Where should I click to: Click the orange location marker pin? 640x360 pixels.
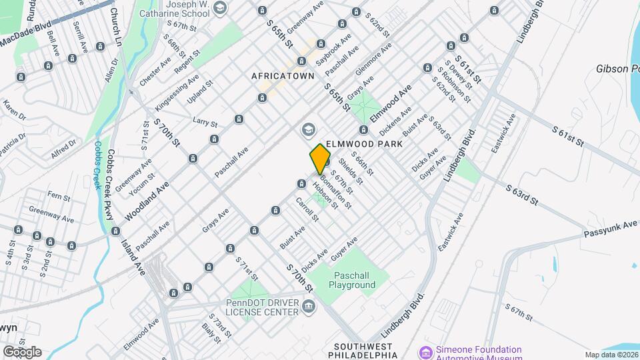click(x=321, y=159)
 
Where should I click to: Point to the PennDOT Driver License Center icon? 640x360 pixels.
click(x=308, y=306)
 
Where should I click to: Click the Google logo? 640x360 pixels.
click(x=21, y=351)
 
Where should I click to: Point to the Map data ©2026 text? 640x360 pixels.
click(x=611, y=355)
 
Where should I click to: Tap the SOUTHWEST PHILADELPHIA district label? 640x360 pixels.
click(x=366, y=351)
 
